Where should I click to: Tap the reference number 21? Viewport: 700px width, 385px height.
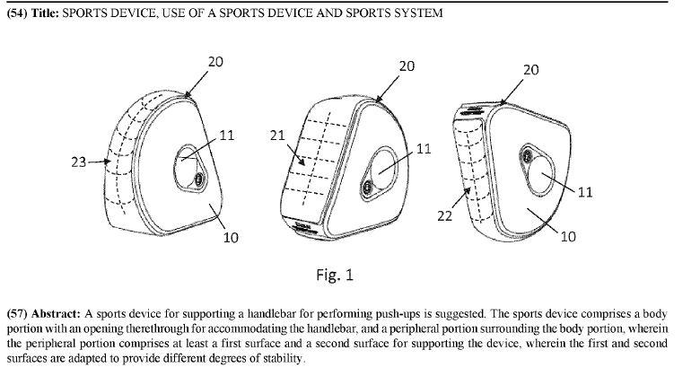[x=277, y=136]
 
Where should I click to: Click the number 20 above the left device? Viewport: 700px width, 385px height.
[x=215, y=61]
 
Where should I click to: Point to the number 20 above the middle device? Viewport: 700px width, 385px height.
[x=407, y=66]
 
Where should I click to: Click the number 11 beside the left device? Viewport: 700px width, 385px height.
[x=227, y=136]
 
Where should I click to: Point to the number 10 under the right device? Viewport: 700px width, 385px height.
[x=567, y=236]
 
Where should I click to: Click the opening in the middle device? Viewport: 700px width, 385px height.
[x=383, y=176]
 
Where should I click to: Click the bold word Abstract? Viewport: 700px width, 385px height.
[x=55, y=314]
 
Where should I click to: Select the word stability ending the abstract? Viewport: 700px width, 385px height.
[x=279, y=359]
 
